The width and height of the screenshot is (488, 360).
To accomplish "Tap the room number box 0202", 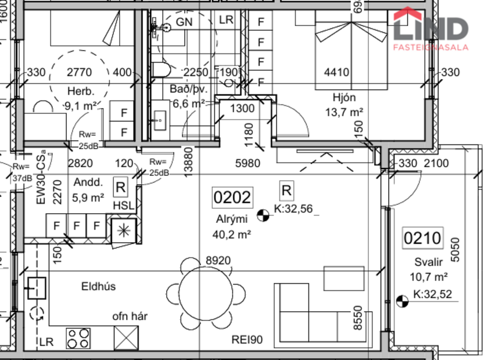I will tap(232, 198).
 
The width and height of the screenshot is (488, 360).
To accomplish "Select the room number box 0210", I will tap(423, 237).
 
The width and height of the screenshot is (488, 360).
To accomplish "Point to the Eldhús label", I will tap(98, 286).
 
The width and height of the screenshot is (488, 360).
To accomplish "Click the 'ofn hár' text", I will tap(130, 316).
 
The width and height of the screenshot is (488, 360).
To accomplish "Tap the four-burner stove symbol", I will tap(78, 338).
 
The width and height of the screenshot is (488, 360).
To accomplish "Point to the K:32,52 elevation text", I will tap(432, 294).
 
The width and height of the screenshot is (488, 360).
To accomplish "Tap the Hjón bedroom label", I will tap(345, 98).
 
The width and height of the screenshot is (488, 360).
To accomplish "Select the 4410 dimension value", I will tap(336, 73).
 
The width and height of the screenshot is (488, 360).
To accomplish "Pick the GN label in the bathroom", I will tap(184, 21).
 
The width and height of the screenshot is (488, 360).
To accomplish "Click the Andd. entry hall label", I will tap(88, 182).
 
